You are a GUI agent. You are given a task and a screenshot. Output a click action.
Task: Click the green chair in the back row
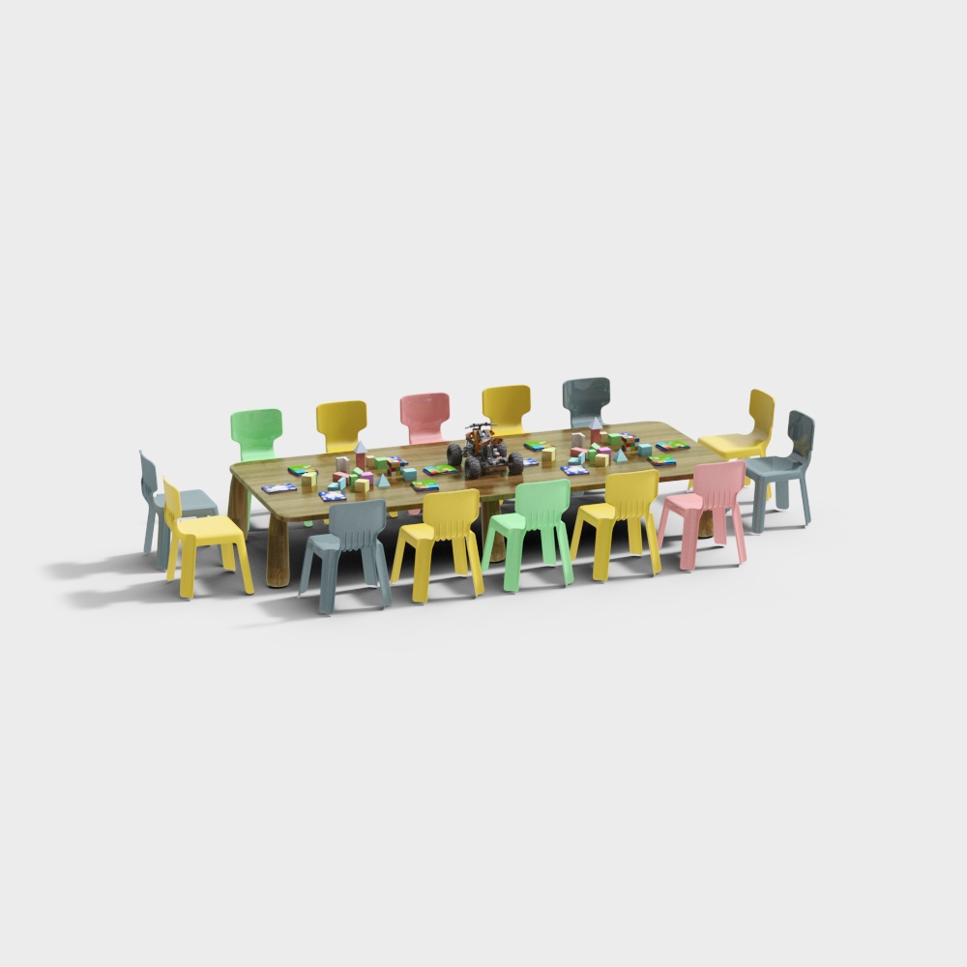click(x=256, y=430)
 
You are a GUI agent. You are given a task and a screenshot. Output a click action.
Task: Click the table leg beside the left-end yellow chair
click(x=278, y=551)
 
